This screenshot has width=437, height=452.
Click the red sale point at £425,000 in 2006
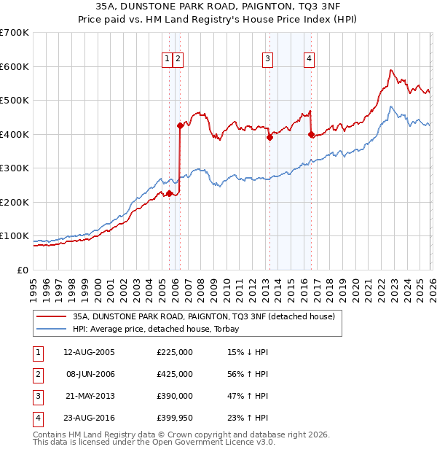[x=180, y=125]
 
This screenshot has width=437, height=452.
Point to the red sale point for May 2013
[x=269, y=137]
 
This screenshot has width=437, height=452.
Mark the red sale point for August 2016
[x=311, y=134]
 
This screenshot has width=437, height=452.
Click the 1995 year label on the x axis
[x=34, y=288]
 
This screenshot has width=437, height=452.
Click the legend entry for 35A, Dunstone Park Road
[x=203, y=316]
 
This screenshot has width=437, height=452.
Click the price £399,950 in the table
[x=175, y=418]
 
